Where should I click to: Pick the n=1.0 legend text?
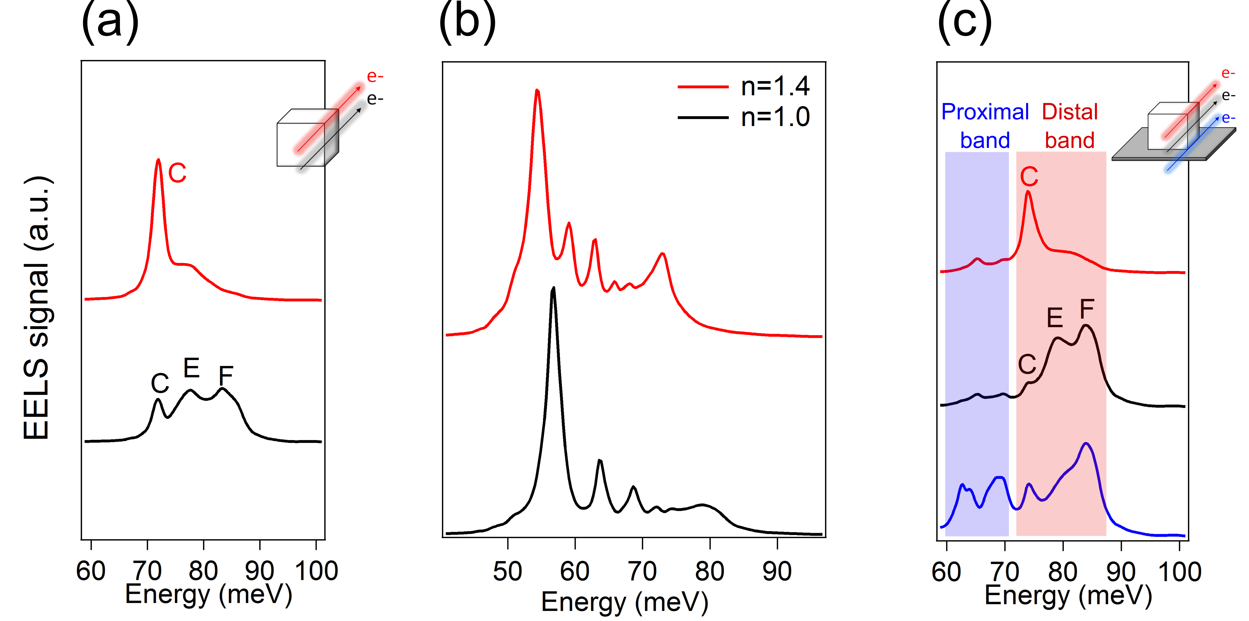775,117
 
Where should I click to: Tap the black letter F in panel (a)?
226,376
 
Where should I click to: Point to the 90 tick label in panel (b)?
777,572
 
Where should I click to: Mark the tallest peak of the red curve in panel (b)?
537,91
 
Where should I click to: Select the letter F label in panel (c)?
1087,309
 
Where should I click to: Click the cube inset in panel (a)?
307,138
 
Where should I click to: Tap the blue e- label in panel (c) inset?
1228,118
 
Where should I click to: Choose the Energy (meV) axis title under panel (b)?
624,602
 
